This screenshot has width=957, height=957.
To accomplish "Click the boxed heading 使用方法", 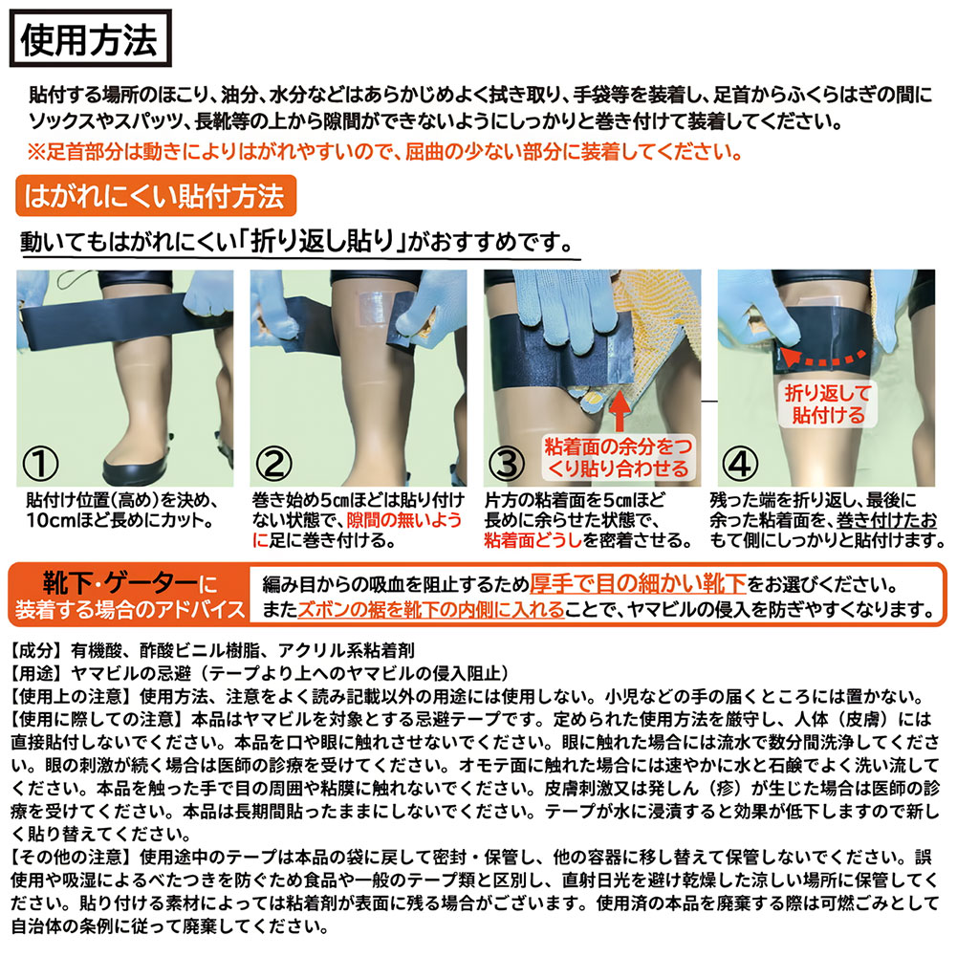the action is [90, 38].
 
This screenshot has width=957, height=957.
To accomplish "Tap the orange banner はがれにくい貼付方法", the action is [156, 196].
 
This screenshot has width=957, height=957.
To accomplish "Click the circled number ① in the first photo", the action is [40, 464].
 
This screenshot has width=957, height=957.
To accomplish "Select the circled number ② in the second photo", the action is [274, 464].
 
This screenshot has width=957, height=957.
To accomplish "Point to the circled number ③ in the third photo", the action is [508, 464].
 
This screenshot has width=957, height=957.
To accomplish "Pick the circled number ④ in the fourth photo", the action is [740, 464].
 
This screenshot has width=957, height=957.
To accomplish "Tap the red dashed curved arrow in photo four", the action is [823, 358].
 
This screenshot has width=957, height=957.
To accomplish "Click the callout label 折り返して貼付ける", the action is [828, 404].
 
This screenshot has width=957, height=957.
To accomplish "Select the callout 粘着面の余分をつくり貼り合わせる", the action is [619, 458].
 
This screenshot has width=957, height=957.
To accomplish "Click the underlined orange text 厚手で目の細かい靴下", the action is [638, 584].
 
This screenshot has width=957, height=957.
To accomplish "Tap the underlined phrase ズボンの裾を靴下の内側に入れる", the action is [431, 609].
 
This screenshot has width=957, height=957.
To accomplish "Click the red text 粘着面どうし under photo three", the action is [533, 540].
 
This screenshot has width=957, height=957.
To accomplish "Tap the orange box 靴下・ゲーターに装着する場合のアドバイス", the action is [130, 595].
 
